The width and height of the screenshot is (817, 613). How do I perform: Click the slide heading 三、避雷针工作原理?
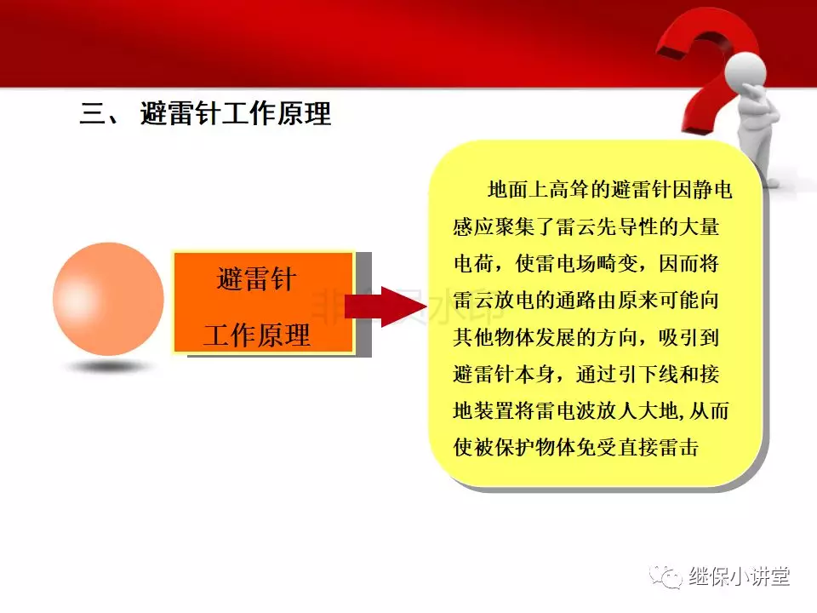point(205,112)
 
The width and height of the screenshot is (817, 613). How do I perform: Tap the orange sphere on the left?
point(108,299)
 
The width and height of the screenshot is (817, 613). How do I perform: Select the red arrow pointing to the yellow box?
point(386,306)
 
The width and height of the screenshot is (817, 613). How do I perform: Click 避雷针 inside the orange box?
point(257,279)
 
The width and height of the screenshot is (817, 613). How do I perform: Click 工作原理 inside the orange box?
point(257,335)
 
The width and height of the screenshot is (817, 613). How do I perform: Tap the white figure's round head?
point(746,71)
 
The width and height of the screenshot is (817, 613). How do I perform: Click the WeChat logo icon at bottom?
point(666,576)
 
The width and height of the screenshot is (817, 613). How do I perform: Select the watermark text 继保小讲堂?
point(739,576)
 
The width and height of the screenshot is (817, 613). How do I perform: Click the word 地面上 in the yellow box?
point(518,190)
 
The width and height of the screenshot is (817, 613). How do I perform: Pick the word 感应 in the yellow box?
point(473,226)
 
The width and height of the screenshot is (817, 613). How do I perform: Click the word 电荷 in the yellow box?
point(473,263)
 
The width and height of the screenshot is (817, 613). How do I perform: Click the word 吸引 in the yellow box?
point(678,337)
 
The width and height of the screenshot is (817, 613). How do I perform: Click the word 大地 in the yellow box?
point(658,410)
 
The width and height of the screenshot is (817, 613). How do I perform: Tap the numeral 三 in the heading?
point(92,112)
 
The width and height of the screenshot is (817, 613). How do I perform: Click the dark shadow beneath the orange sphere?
point(109,367)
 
